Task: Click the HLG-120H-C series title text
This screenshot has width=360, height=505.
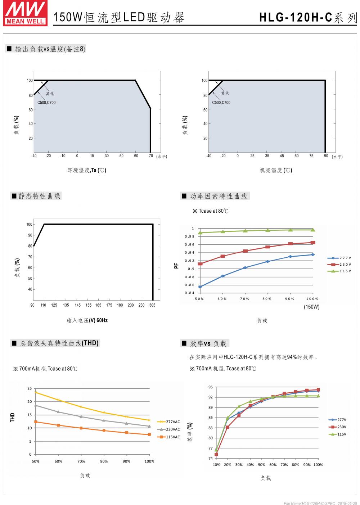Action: click(308, 18)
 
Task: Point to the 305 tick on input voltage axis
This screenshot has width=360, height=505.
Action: click(153, 305)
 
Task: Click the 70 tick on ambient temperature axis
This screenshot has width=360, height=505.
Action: click(150, 156)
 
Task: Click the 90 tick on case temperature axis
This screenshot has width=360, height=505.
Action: click(326, 156)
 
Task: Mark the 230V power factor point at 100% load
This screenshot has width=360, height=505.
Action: click(313, 243)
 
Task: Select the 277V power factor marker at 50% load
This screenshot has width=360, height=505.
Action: click(200, 287)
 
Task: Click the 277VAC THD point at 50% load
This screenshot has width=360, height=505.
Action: click(36, 392)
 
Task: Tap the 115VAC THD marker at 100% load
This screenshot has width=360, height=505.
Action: click(149, 434)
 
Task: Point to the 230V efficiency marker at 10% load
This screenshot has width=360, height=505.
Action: click(216, 455)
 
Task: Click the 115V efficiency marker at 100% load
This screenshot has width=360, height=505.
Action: click(318, 396)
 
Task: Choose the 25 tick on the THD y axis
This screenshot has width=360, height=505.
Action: click(30, 389)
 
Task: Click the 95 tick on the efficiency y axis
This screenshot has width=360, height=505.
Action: click(211, 387)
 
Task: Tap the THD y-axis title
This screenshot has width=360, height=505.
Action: click(13, 418)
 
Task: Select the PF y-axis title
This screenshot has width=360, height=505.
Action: click(176, 266)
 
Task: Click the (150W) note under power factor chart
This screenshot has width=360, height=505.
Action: click(311, 307)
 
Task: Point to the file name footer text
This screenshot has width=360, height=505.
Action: click(320, 503)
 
